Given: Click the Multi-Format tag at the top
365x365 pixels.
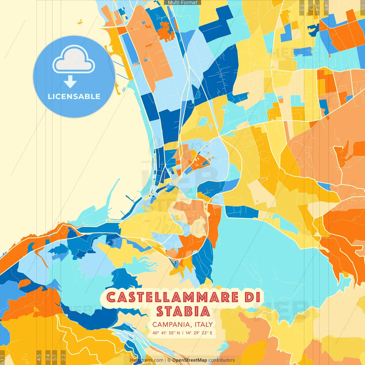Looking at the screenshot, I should click(x=182, y=3).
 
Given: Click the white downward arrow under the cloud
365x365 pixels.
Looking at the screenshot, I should click(x=70, y=82).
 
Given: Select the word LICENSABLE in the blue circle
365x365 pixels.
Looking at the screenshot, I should click(x=74, y=96).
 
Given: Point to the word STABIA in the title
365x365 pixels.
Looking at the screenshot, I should click(x=183, y=311).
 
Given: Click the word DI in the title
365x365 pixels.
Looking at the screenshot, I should click(x=253, y=297).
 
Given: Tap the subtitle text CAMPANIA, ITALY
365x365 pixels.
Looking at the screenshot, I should click(x=182, y=325).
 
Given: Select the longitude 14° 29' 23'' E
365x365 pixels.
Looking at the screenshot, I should click(x=199, y=333).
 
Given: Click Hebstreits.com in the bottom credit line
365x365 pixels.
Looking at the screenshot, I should click(x=147, y=360).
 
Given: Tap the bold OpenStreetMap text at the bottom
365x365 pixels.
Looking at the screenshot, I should click(x=189, y=360).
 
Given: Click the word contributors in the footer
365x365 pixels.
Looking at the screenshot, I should click(x=222, y=360).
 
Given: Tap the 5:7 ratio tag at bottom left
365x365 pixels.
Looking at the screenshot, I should click(x=55, y=357).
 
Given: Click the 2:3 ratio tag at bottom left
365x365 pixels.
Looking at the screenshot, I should click(x=63, y=357).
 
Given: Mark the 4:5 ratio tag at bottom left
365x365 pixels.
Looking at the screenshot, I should click(x=39, y=357).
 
